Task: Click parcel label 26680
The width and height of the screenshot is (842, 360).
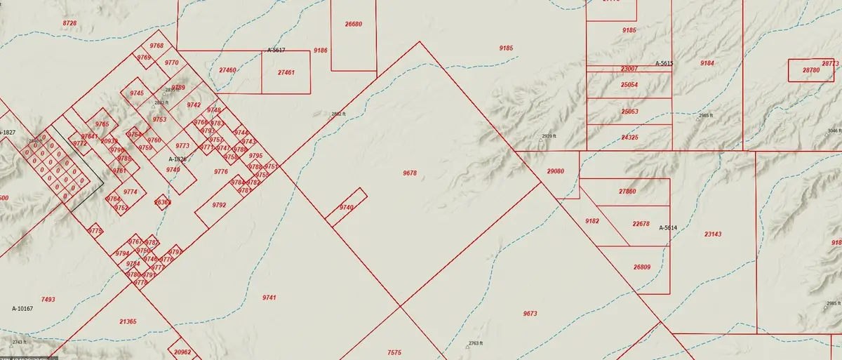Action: pyautogui.click(x=354, y=24)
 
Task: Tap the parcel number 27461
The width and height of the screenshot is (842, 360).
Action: pyautogui.click(x=286, y=72)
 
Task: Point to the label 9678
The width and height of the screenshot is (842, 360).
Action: pyautogui.click(x=410, y=173)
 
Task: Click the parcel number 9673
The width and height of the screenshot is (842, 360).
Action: pyautogui.click(x=530, y=313)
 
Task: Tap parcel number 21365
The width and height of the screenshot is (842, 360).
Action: pyautogui.click(x=128, y=321)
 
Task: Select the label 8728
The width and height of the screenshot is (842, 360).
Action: pyautogui.click(x=69, y=24)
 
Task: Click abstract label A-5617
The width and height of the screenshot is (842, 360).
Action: pyautogui.click(x=276, y=51)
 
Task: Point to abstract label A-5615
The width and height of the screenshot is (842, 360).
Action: pyautogui.click(x=664, y=64)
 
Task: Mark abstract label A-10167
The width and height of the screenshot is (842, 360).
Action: pyautogui.click(x=24, y=308)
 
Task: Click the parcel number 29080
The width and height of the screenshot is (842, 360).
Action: pyautogui.click(x=555, y=171)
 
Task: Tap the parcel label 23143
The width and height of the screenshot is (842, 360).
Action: pyautogui.click(x=712, y=234)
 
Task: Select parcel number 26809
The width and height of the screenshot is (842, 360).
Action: pyautogui.click(x=641, y=267)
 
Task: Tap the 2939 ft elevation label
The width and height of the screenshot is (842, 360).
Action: pyautogui.click(x=549, y=136)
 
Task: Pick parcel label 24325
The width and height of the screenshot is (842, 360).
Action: pyautogui.click(x=629, y=137)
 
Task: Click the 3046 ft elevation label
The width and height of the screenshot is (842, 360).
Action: pyautogui.click(x=833, y=131)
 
